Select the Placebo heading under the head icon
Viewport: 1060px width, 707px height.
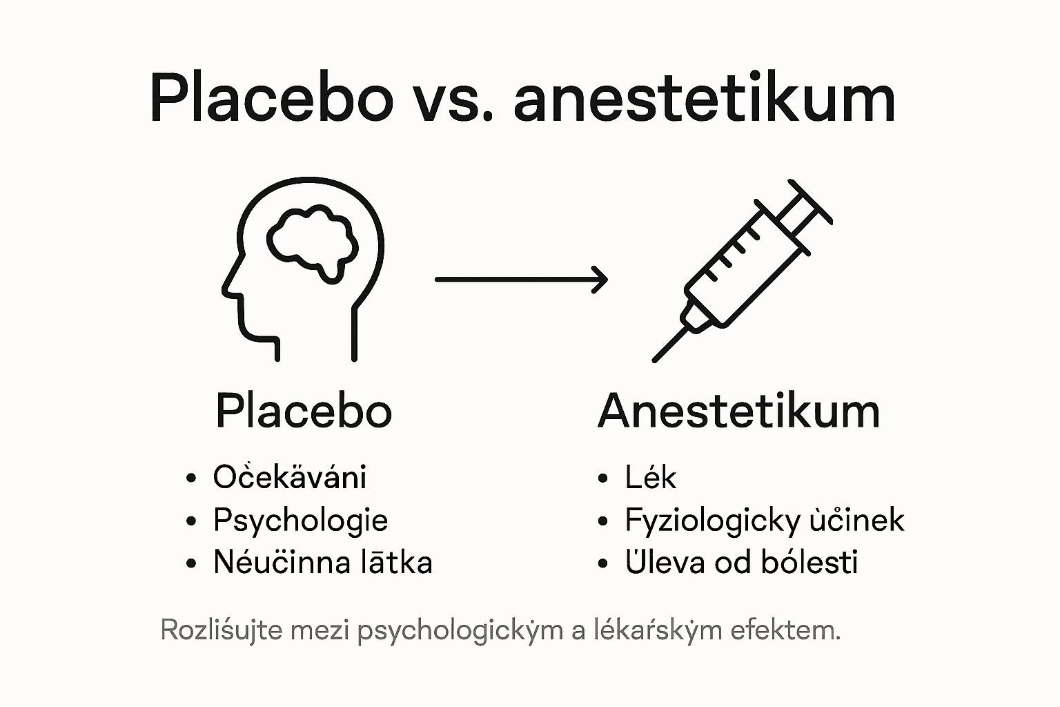click(x=304, y=411)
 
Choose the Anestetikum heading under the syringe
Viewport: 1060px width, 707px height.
click(x=738, y=411)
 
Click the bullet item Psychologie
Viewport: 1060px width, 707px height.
click(x=300, y=521)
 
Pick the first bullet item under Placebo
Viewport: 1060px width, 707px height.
click(x=290, y=477)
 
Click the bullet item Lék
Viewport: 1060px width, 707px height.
click(x=650, y=477)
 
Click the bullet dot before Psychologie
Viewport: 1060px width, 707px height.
click(x=192, y=521)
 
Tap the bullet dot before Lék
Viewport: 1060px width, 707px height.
click(x=604, y=478)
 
